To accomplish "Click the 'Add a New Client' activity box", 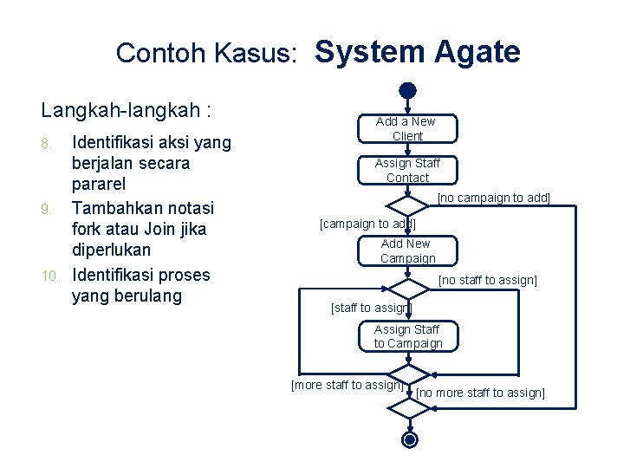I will tap(406, 128).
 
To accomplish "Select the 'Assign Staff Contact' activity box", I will tap(407, 170).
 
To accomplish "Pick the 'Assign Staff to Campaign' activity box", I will tap(408, 336).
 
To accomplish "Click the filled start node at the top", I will tap(408, 89).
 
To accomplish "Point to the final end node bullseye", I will tap(409, 439).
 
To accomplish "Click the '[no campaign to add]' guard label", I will tap(494, 198).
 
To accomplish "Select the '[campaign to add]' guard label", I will tap(368, 224).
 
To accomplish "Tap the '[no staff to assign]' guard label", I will tap(488, 280).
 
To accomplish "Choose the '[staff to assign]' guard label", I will tap(372, 308).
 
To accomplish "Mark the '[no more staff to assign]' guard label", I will tap(481, 393).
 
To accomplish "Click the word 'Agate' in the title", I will tap(474, 52).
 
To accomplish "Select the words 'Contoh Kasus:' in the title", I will tap(208, 54).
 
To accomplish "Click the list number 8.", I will tap(53, 141).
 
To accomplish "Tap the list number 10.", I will tap(49, 276).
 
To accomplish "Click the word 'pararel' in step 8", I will tap(100, 185).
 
